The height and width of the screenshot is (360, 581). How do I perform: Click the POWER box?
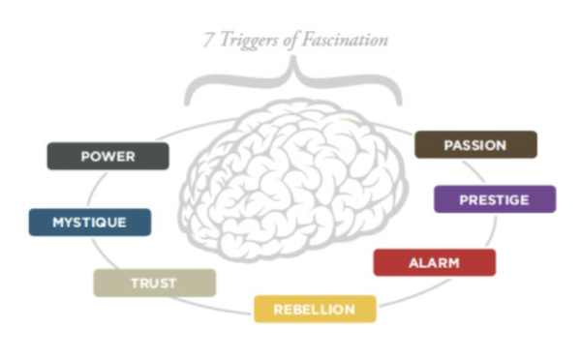pos(107,156)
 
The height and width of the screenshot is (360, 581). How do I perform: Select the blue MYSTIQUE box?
pos(89,222)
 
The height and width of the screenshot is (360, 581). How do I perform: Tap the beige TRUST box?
pos(154,283)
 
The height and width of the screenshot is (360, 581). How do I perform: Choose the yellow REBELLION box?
pos(314,309)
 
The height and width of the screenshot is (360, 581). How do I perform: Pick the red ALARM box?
pos(434,262)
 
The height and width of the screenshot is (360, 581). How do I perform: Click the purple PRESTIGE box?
pos(494,199)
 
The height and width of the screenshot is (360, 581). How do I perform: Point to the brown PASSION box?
pos(474,145)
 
